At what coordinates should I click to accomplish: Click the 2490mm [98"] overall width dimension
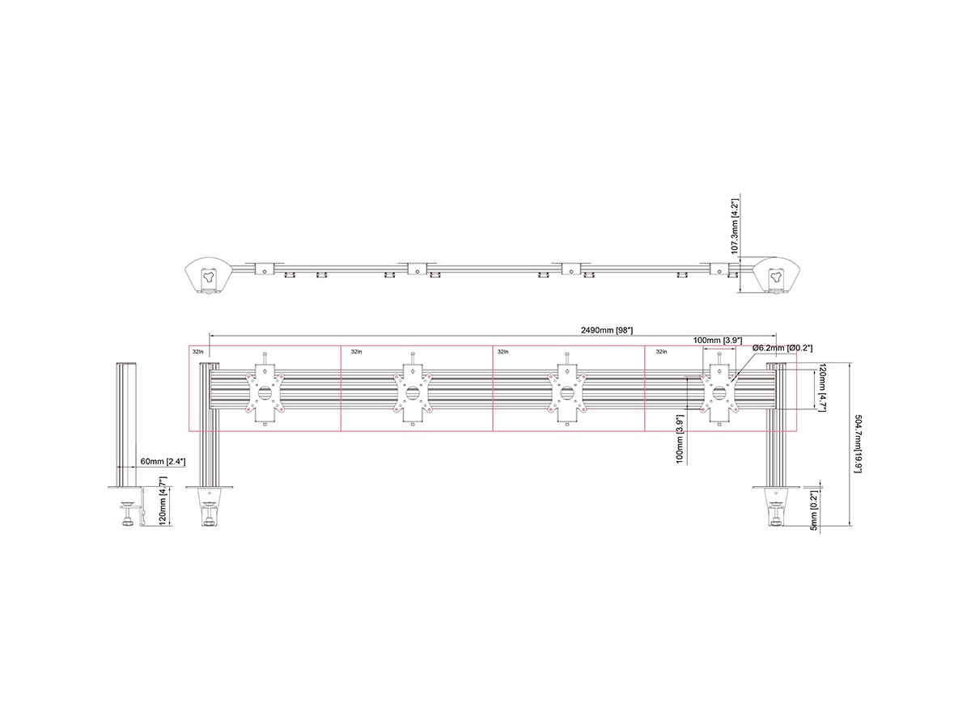point(606,330)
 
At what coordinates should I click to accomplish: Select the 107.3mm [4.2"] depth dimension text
point(735,226)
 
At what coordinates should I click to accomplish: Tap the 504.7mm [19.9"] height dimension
point(857,443)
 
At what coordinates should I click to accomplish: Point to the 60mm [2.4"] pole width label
point(163,461)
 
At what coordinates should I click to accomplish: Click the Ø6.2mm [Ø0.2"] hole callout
point(782,349)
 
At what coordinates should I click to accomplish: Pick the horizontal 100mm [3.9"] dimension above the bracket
point(718,341)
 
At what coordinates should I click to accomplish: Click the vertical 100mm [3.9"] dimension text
point(680,439)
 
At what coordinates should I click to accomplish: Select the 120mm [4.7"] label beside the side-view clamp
point(163,502)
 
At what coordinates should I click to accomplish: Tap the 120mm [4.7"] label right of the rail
point(822,388)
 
